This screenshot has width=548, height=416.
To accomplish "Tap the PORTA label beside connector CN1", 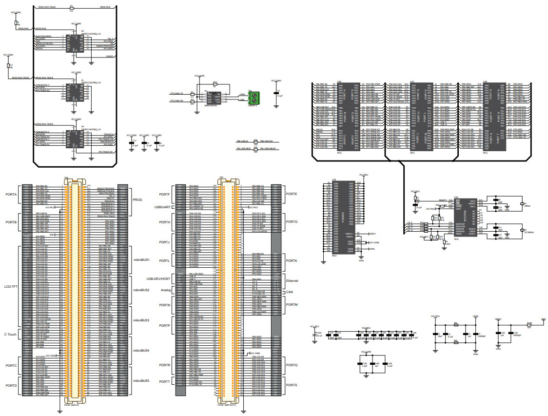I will (x=11, y=194).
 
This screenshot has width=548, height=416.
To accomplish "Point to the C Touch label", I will (x=10, y=334).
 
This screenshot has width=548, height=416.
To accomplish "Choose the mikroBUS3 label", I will (x=141, y=320).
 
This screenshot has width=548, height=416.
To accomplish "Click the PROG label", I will (x=138, y=200).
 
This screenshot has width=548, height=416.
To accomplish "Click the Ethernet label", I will (x=293, y=281).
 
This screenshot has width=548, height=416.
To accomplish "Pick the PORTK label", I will (x=292, y=261).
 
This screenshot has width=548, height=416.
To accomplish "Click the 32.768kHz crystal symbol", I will (x=521, y=231).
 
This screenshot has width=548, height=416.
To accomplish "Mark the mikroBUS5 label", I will (x=141, y=380).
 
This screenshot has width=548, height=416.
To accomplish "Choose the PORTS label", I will (x=292, y=385).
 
